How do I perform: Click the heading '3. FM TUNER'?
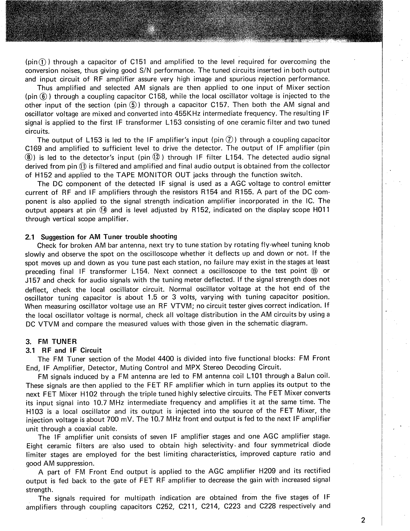coord(51,341)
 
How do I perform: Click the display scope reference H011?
coord(320,210)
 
